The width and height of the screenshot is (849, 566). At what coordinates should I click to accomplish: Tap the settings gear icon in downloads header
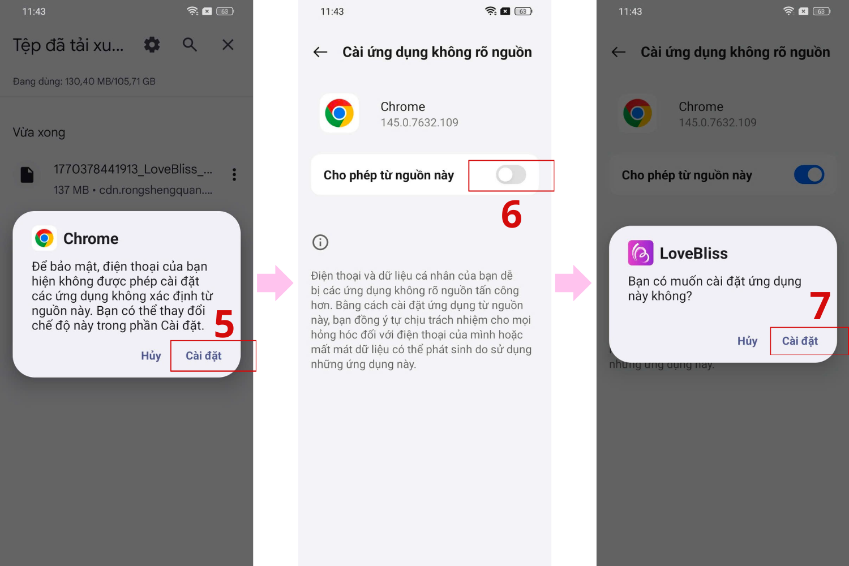[152, 45]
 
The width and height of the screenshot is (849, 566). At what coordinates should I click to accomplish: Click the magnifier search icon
[190, 45]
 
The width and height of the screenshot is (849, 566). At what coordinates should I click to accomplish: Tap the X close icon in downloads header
[228, 45]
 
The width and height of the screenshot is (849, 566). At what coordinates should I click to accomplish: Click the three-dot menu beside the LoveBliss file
[234, 174]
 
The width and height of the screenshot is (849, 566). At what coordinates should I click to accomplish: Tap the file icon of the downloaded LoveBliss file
[27, 175]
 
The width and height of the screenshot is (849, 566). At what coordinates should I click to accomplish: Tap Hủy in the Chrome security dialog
[151, 355]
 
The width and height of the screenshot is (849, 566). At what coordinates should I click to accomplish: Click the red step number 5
[224, 324]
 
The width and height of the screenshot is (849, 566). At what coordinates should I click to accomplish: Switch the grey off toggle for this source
[511, 175]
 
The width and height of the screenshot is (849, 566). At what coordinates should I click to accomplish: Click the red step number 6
[511, 215]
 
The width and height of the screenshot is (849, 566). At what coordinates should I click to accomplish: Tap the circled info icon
[320, 242]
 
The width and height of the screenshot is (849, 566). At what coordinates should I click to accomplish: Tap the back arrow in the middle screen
[320, 52]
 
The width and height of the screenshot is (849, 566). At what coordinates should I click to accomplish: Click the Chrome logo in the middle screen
[340, 113]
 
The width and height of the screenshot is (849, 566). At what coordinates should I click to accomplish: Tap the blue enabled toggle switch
[809, 175]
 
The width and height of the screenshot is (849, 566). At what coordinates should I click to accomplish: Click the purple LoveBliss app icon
[641, 253]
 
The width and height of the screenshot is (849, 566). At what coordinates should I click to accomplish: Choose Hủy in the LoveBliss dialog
[747, 341]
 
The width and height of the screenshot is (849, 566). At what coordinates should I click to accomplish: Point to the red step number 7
[820, 306]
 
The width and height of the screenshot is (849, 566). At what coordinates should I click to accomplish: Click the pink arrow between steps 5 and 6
[275, 282]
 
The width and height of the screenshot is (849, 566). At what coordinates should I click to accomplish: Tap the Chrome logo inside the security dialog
[45, 238]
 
